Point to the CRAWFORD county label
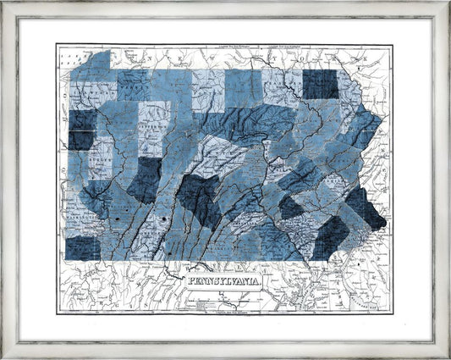(x=88, y=86)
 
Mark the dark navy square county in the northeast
(x=319, y=84)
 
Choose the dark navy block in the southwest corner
(x=83, y=246)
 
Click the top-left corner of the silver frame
(x=3, y=3)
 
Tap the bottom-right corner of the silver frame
(x=448, y=357)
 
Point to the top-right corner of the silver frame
(x=448, y=3)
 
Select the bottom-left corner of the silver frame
(x=3, y=357)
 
